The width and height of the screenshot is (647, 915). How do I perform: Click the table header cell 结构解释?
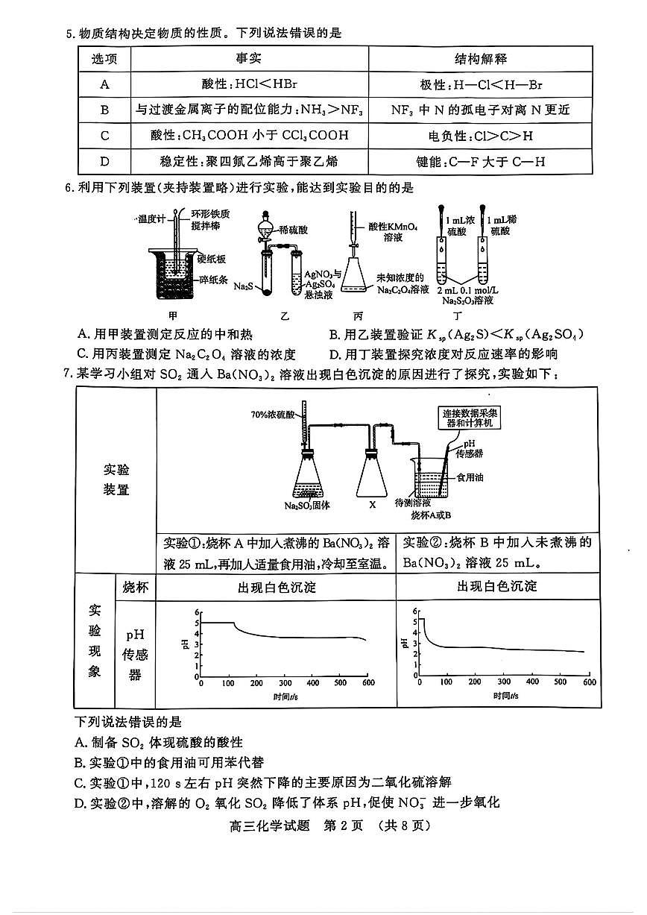(x=481, y=59)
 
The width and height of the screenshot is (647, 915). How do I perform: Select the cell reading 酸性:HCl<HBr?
(x=250, y=84)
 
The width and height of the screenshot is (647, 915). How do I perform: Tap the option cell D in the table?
(x=104, y=160)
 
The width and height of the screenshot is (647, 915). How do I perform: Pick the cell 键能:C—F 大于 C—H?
(x=481, y=160)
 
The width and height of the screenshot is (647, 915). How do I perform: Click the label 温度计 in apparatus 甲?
(x=151, y=219)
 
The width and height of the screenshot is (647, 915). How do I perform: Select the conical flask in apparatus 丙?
(x=357, y=279)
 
